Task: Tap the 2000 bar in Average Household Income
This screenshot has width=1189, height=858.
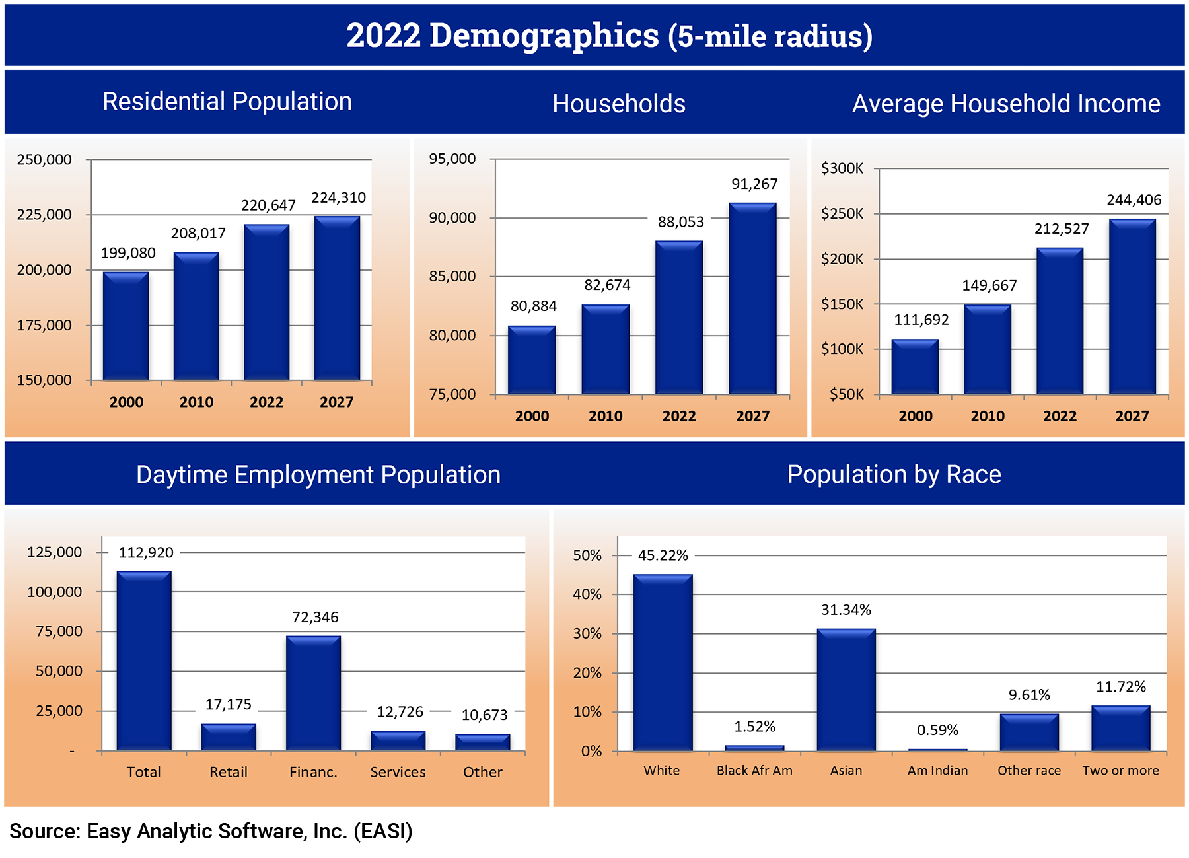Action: tap(915, 367)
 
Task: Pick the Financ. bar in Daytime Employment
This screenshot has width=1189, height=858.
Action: tap(313, 694)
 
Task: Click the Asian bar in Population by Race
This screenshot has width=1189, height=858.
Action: tap(846, 690)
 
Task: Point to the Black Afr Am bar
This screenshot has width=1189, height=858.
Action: tap(754, 748)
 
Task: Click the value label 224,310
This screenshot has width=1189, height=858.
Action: tap(338, 197)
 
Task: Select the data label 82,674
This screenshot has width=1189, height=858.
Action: tap(607, 285)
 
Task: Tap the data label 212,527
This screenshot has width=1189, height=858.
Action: tap(1061, 229)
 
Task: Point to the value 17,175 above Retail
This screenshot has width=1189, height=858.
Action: tap(228, 705)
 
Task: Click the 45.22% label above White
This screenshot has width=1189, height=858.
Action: tap(663, 555)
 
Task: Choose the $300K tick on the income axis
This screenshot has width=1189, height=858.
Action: tap(842, 168)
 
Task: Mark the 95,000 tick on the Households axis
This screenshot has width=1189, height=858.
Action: tap(452, 159)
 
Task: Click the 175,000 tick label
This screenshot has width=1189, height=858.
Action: tap(44, 325)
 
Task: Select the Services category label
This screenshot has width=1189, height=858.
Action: tap(398, 772)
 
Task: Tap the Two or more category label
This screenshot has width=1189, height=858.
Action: tap(1120, 771)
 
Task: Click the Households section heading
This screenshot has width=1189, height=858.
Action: tap(618, 104)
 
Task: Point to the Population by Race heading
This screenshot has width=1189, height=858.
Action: tap(894, 474)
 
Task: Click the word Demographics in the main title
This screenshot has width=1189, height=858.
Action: tap(544, 36)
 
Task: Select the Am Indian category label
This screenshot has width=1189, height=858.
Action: tap(937, 771)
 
